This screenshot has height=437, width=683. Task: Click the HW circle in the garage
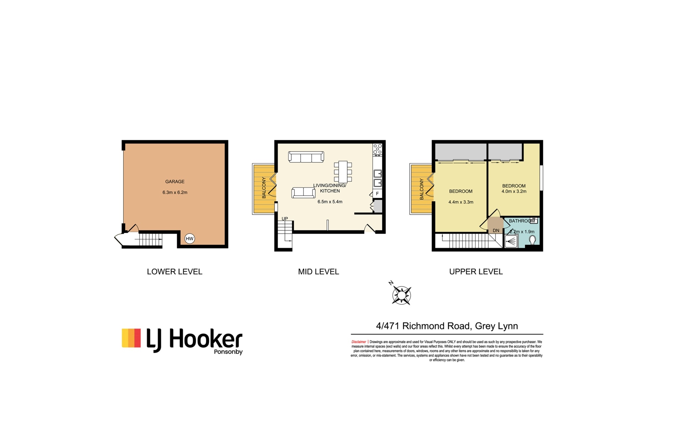pyautogui.click(x=190, y=238)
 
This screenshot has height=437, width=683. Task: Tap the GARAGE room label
pyautogui.click(x=175, y=181)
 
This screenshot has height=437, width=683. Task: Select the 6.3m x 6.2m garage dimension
pyautogui.click(x=175, y=193)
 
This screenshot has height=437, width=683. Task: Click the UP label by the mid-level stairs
pyautogui.click(x=285, y=218)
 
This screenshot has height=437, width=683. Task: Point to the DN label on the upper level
pyautogui.click(x=496, y=231)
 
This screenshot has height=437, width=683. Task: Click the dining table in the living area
pyautogui.click(x=343, y=172)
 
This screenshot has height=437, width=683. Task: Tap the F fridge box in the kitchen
pyautogui.click(x=377, y=194)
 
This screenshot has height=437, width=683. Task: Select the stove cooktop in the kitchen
pyautogui.click(x=377, y=150)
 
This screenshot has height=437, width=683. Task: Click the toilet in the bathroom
pyautogui.click(x=532, y=240)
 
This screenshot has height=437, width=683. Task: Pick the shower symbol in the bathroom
pyautogui.click(x=511, y=242)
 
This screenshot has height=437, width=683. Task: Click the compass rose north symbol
pyautogui.click(x=401, y=295)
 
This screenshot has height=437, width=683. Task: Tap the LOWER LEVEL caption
pyautogui.click(x=175, y=272)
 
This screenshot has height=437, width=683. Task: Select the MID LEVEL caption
pyautogui.click(x=318, y=272)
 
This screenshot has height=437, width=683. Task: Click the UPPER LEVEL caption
pyautogui.click(x=476, y=272)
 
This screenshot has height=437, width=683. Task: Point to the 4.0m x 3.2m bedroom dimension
pyautogui.click(x=514, y=191)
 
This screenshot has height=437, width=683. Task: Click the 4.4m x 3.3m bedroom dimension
pyautogui.click(x=461, y=202)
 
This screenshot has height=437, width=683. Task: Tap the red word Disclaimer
pyautogui.click(x=359, y=342)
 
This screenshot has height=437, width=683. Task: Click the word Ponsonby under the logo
pyautogui.click(x=228, y=352)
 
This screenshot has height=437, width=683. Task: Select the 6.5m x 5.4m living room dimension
pyautogui.click(x=330, y=202)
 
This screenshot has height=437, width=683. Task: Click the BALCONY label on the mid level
pyautogui.click(x=264, y=188)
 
